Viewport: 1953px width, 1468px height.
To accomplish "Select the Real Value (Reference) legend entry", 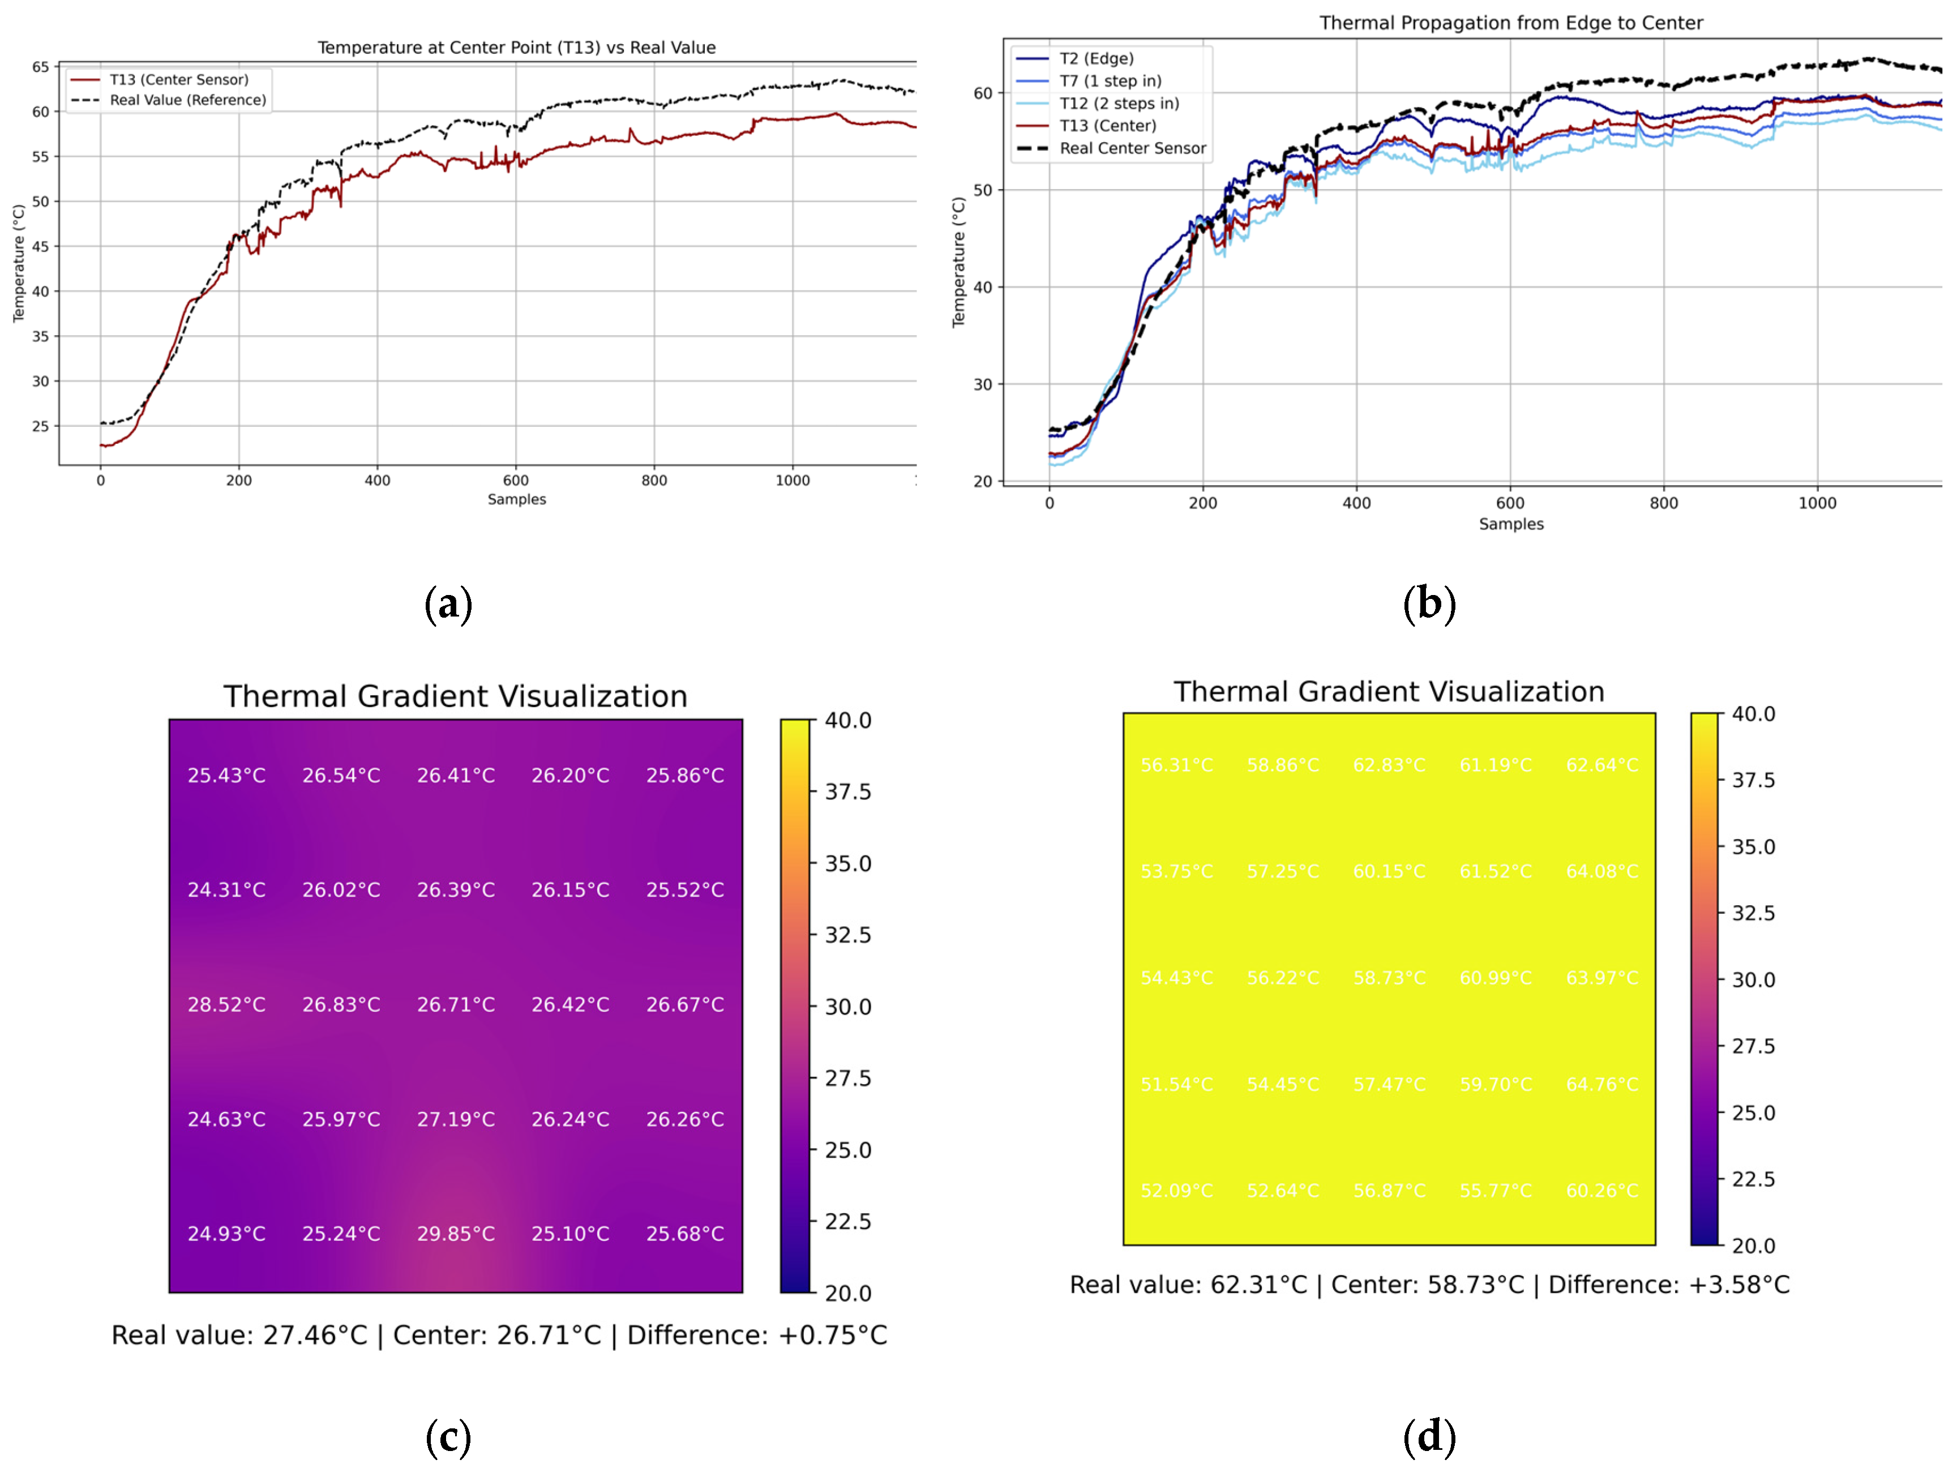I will click(x=187, y=100).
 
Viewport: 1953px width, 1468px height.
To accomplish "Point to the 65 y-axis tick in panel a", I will click(x=41, y=67).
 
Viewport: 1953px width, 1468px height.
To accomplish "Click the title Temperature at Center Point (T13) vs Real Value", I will click(x=516, y=48).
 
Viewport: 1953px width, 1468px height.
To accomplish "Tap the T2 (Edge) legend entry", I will click(x=1097, y=58).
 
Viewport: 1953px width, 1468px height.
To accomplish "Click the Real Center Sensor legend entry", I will click(x=1132, y=148).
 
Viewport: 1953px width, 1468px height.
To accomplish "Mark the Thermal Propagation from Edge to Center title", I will click(x=1511, y=23).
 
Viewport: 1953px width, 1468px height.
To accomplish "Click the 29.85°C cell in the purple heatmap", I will click(x=456, y=1233).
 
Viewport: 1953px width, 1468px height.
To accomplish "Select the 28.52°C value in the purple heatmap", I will click(x=226, y=1004).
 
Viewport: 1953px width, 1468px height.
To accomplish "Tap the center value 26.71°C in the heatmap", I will click(x=456, y=1004).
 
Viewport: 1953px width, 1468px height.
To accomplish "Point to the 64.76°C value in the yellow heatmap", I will click(x=1601, y=1084).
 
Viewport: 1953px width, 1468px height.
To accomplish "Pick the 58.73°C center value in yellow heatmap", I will click(x=1389, y=978).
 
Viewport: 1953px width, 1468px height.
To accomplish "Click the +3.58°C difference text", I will click(x=1738, y=1285).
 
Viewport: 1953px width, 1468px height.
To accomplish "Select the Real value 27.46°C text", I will click(x=238, y=1335).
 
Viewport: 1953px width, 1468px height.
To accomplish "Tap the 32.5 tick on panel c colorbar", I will click(x=847, y=935).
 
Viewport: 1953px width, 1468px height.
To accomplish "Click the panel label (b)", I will click(x=1429, y=604).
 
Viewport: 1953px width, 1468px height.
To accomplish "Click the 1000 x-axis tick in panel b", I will click(x=1817, y=503).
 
